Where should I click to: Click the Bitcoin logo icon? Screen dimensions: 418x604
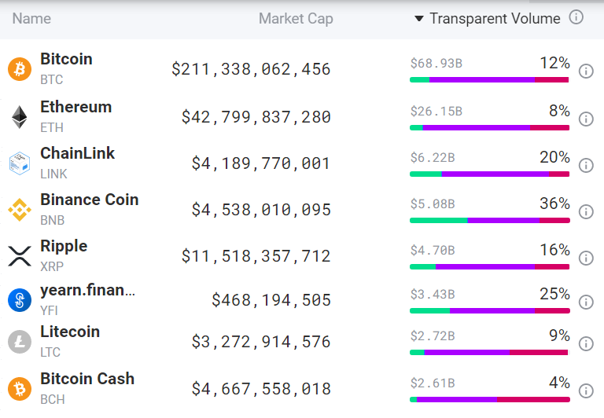[19, 69]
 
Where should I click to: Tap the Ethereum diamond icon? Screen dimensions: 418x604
[19, 117]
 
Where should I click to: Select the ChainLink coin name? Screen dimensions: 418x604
[77, 153]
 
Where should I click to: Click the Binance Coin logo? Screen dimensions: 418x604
[19, 210]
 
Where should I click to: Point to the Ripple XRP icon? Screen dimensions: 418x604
[19, 256]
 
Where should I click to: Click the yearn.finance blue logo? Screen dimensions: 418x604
[19, 300]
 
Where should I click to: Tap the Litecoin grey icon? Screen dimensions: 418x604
[19, 342]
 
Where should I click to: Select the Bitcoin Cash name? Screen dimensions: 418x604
[87, 379]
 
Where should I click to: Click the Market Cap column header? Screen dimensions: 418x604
[296, 19]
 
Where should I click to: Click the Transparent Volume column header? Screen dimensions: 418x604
[495, 19]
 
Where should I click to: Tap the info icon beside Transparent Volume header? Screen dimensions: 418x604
[576, 17]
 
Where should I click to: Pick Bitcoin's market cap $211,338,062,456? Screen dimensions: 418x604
[251, 69]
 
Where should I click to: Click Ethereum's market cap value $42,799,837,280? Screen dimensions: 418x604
[256, 117]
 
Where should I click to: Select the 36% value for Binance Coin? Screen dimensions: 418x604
[554, 203]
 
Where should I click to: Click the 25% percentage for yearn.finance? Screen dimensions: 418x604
[554, 294]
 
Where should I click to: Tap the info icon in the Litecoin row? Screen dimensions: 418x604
[586, 343]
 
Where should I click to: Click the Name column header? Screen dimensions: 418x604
[31, 19]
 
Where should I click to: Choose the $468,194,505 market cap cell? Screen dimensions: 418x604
[271, 300]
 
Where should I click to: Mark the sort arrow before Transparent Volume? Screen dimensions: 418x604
[419, 19]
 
